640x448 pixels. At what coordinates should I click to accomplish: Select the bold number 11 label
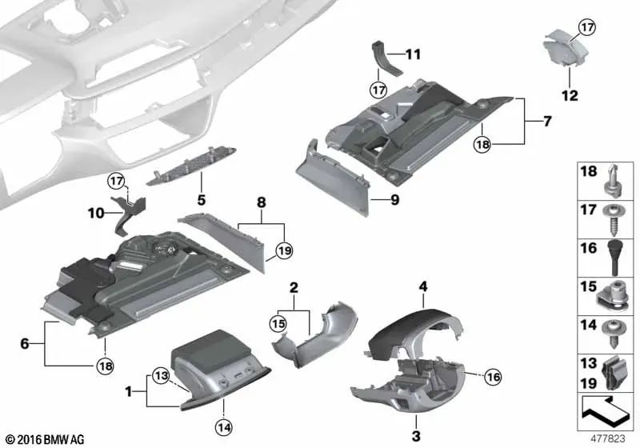click(x=413, y=55)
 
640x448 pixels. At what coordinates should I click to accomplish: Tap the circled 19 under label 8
click(x=281, y=251)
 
